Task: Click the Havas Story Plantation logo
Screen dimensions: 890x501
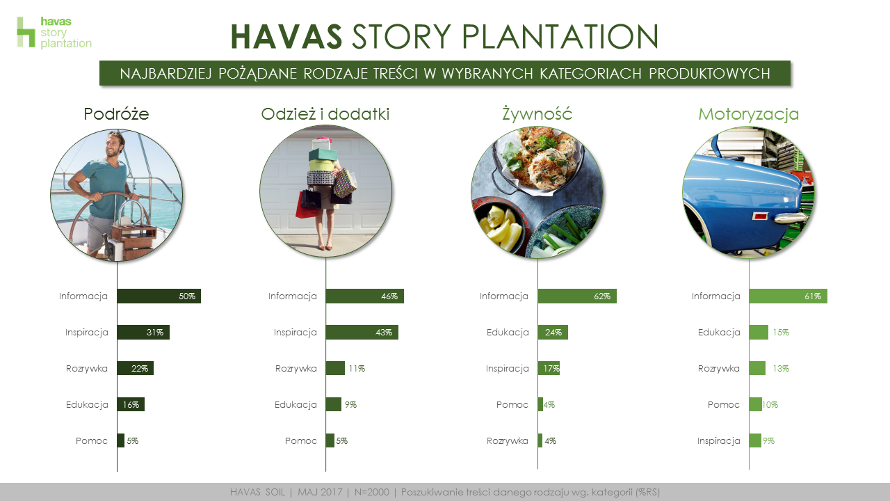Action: [x=54, y=33]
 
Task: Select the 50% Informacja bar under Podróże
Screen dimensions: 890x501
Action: [x=159, y=296]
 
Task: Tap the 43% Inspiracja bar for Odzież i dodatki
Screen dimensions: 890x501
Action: [x=362, y=333]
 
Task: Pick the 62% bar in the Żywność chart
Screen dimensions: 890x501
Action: [x=577, y=296]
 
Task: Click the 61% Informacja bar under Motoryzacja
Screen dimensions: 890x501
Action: [x=788, y=296]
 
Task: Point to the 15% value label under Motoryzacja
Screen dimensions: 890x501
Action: [x=781, y=333]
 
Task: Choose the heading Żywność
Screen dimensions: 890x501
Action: [x=537, y=113]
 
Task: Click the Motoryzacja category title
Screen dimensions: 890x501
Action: [x=749, y=115]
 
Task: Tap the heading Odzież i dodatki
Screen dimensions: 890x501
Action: [x=325, y=114]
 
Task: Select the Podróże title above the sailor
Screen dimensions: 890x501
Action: [x=116, y=114]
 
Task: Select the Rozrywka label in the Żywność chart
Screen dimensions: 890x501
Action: [x=508, y=441]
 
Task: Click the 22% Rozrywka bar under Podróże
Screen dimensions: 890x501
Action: [x=135, y=368]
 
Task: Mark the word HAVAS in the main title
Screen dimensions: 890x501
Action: [x=286, y=37]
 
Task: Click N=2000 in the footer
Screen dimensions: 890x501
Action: [x=372, y=492]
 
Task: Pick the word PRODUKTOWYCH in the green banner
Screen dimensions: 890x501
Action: [x=710, y=74]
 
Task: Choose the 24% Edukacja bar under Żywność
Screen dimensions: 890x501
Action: [x=553, y=333]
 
